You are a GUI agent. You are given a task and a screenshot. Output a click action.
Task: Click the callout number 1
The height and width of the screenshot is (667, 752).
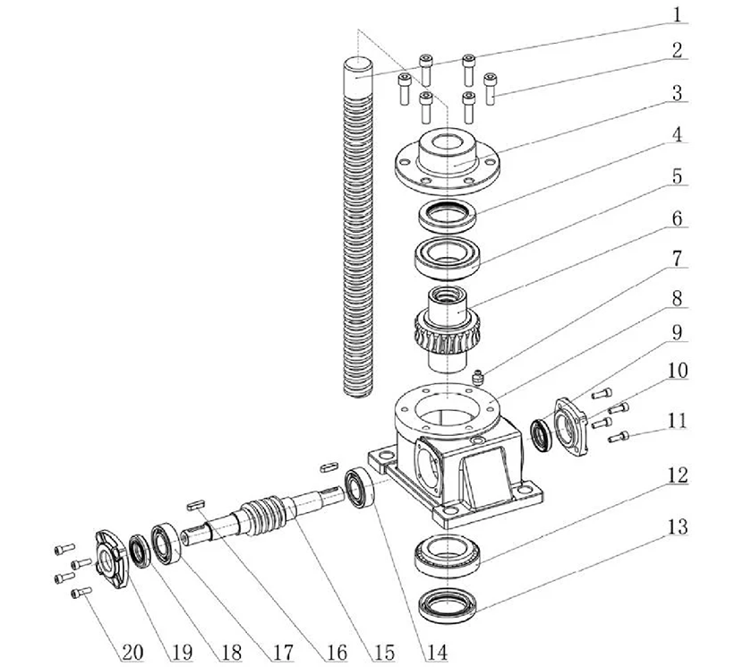(x=678, y=15)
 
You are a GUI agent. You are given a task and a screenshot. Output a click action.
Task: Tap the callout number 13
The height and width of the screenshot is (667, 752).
(x=678, y=527)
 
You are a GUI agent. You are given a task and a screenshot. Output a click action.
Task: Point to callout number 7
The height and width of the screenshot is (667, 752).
(x=678, y=260)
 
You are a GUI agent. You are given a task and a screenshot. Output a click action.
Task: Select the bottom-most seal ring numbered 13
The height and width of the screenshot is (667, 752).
(x=448, y=611)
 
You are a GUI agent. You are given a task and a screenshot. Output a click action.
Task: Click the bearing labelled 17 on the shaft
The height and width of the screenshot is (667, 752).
(x=167, y=541)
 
